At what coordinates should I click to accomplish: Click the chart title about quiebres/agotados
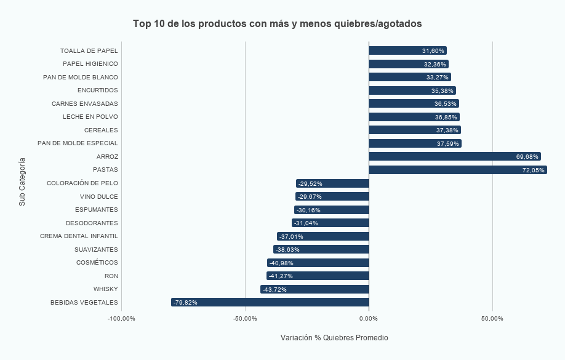(278, 23)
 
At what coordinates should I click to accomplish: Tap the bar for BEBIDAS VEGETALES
(270, 302)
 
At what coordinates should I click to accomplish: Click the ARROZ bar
(454, 157)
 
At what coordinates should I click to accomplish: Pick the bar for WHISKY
(315, 289)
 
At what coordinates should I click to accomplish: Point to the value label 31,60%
(433, 51)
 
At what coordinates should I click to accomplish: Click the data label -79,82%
(185, 303)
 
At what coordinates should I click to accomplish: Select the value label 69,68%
(527, 157)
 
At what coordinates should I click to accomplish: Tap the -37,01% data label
(291, 236)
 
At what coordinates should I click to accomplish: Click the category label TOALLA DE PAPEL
(89, 51)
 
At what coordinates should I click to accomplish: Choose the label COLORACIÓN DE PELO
(82, 183)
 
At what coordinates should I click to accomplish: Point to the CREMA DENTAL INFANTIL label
(79, 236)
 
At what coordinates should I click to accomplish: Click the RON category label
(111, 276)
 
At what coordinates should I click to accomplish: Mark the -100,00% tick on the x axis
(121, 319)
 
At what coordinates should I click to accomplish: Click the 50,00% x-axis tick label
(492, 319)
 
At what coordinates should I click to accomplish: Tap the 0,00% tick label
(369, 319)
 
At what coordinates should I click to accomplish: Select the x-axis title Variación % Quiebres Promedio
(334, 338)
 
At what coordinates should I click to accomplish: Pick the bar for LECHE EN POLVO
(414, 117)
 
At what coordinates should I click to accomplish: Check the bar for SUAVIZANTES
(321, 249)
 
